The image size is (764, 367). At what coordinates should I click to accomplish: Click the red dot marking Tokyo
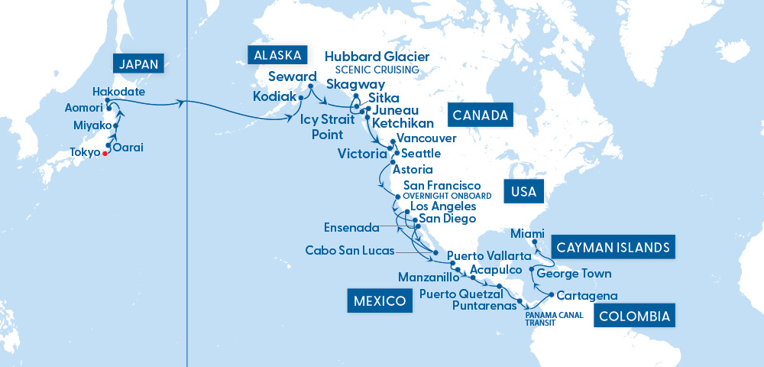(x=105, y=153)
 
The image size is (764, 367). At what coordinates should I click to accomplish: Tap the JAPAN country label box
(x=138, y=64)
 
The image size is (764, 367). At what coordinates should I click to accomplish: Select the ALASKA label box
(x=277, y=55)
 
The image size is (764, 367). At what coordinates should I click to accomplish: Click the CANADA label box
(x=481, y=115)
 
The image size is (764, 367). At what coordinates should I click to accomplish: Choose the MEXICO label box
(x=380, y=300)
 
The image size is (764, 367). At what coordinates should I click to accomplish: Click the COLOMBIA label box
(x=635, y=316)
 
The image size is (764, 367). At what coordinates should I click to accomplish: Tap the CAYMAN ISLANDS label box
(x=613, y=247)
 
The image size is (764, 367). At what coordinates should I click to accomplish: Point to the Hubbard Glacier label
(x=377, y=57)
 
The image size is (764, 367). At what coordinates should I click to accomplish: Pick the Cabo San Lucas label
(x=350, y=251)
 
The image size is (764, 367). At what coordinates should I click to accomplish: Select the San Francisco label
(x=442, y=186)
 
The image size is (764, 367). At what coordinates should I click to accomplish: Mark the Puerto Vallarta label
(x=488, y=255)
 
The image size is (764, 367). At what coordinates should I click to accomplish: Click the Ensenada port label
(x=351, y=227)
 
